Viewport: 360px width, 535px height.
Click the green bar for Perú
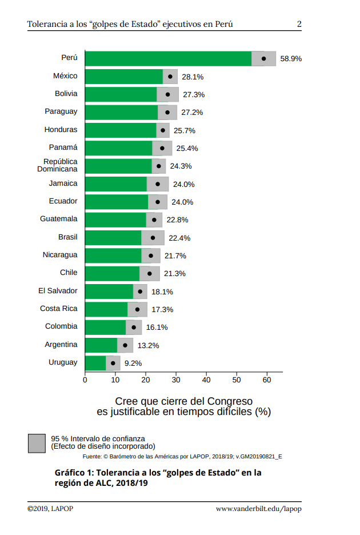click(168, 58)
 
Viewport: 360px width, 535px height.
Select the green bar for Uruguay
click(95, 363)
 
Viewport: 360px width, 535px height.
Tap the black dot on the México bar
click(170, 76)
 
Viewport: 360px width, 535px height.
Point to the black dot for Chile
click(150, 273)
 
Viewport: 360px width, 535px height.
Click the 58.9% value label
click(291, 58)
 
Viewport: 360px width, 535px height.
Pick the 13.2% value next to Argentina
click(148, 345)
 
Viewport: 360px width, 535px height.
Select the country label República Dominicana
click(58, 166)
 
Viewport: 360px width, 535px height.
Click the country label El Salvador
click(58, 291)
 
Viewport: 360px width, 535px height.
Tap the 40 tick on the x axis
click(206, 380)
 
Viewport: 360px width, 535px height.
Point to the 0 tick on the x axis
click(85, 380)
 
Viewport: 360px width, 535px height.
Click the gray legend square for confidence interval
click(37, 443)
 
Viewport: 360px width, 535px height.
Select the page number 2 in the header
click(299, 24)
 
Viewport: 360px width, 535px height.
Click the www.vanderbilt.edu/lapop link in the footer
click(258, 509)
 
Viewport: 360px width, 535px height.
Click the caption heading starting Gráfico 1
click(158, 478)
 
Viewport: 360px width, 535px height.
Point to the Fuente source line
click(182, 457)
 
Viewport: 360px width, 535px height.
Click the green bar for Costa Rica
click(106, 309)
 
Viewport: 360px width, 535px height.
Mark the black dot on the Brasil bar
click(153, 238)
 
